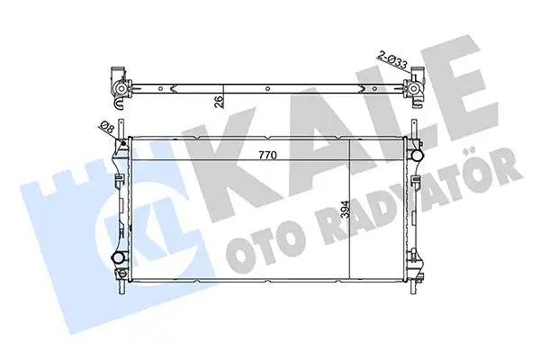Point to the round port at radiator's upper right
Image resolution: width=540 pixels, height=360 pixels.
(416, 154)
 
